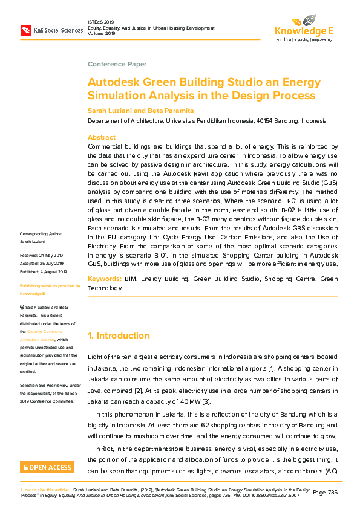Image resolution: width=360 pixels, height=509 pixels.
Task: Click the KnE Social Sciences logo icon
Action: (x=26, y=30)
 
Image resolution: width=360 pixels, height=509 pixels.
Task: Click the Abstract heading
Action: (x=101, y=138)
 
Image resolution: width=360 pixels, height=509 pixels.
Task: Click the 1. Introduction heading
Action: (x=119, y=336)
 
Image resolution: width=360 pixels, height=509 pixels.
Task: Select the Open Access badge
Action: (x=47, y=467)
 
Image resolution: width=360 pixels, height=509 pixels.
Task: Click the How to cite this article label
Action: (x=45, y=489)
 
